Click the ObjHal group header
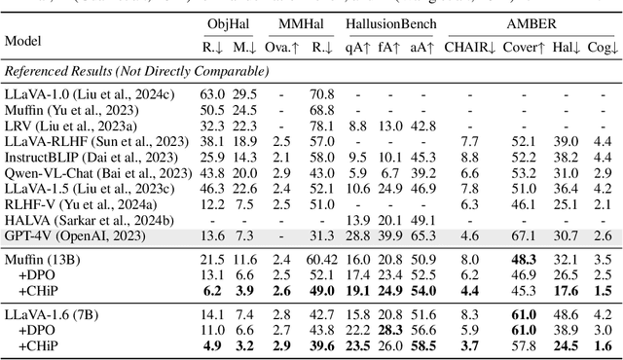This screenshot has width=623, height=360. (227, 22)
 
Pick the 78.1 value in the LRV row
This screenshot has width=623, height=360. (316, 126)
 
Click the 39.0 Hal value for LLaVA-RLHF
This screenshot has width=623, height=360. (566, 142)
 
